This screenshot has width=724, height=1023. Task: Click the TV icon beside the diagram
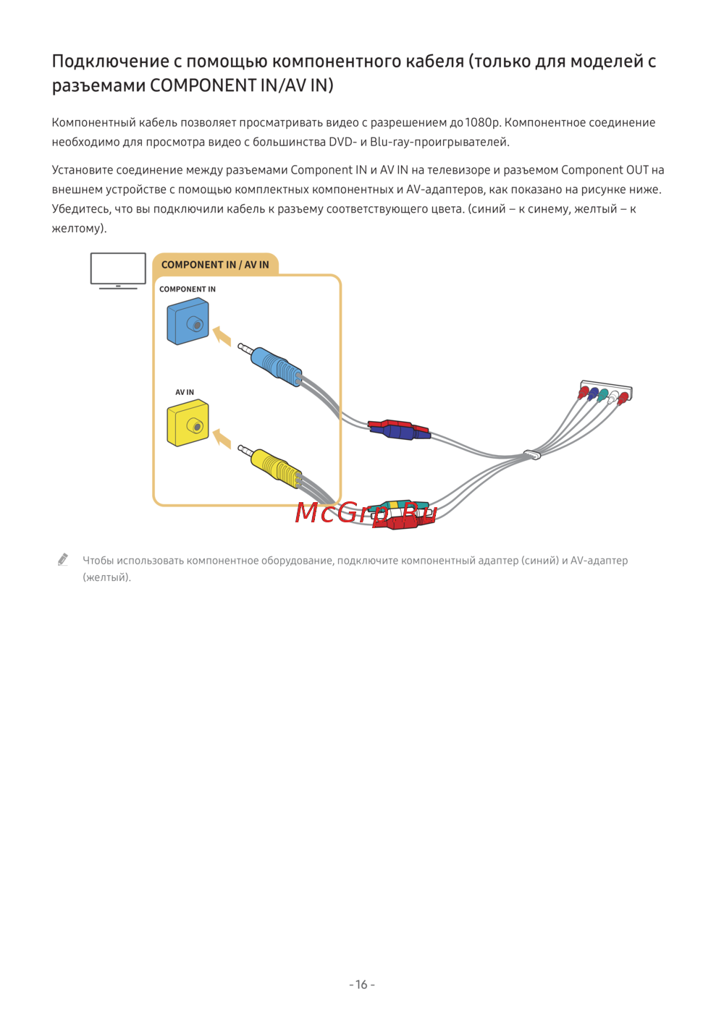click(118, 271)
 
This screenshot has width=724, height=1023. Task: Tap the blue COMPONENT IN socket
click(188, 322)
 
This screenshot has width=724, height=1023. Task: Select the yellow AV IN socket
click(188, 423)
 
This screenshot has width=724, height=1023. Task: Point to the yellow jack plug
click(276, 467)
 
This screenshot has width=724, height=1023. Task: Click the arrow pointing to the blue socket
click(222, 336)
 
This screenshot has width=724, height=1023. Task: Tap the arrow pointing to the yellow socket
click(222, 438)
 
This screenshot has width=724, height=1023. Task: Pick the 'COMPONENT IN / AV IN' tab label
click(215, 265)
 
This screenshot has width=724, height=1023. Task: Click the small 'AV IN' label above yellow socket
click(185, 392)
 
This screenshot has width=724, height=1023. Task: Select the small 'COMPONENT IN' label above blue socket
click(188, 289)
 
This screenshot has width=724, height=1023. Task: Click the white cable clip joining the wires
click(532, 454)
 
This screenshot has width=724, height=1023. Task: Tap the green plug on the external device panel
click(603, 395)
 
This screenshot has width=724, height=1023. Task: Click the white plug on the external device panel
click(613, 397)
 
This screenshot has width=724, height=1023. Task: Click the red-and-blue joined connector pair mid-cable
click(399, 430)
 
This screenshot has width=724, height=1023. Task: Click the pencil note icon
click(63, 559)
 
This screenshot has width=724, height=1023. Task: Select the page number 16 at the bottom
click(362, 985)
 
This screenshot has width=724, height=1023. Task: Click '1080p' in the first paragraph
click(483, 122)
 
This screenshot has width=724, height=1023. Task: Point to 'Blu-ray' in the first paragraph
click(391, 142)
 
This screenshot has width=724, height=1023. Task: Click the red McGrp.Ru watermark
click(366, 512)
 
